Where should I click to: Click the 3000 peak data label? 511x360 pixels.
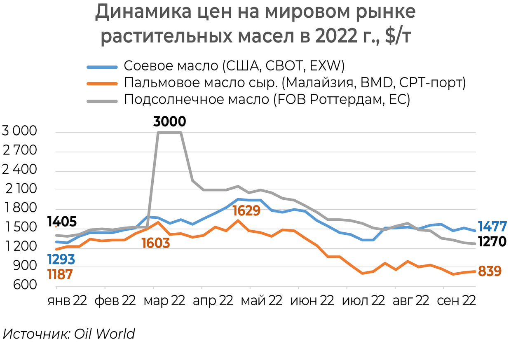coord(169,122)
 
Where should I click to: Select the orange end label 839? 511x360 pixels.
coord(490,271)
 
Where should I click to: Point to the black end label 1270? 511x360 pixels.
coord(492,242)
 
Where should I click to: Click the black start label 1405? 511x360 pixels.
coord(62,222)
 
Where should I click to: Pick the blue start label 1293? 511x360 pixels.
coord(61,259)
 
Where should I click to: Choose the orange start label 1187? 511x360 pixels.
coord(60,274)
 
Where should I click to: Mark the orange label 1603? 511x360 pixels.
coord(156,243)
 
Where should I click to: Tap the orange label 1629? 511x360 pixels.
coord(246,211)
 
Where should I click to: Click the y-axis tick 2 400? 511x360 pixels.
coord(19,171)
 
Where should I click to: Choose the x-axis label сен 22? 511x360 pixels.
coord(456,301)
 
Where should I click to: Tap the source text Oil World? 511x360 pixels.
coord(104,334)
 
